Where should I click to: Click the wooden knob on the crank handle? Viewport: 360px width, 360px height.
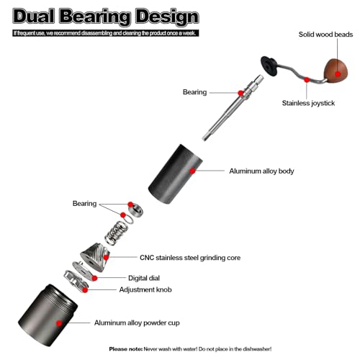(x=336, y=71)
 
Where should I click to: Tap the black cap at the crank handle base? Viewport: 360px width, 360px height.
(x=269, y=66)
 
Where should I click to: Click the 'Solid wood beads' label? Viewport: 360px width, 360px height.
(x=325, y=35)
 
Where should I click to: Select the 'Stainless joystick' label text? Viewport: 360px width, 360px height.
(x=308, y=103)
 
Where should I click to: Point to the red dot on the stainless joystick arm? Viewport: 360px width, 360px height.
(x=307, y=80)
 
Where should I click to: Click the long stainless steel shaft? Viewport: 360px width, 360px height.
(x=233, y=108)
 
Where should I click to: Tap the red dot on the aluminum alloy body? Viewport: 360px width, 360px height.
(x=192, y=171)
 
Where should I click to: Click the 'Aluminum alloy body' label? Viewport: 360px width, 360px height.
(x=261, y=171)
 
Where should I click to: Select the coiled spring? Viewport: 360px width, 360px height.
(x=116, y=233)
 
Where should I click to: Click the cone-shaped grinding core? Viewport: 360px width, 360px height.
(x=95, y=257)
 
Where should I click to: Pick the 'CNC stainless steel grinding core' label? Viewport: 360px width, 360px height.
(x=190, y=258)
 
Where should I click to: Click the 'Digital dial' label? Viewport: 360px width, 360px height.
(x=144, y=278)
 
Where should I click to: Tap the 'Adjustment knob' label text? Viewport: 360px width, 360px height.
(x=145, y=289)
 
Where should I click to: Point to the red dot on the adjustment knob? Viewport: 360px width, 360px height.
(x=85, y=290)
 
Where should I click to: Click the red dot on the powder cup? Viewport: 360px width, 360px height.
(x=59, y=323)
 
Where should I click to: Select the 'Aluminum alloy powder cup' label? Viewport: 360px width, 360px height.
(x=137, y=323)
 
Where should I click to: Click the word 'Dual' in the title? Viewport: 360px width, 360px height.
(x=33, y=17)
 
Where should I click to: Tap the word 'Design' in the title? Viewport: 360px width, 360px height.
(x=167, y=17)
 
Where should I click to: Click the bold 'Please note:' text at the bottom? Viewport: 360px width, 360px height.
(x=126, y=349)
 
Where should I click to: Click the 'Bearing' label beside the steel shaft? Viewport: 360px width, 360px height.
(x=194, y=92)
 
